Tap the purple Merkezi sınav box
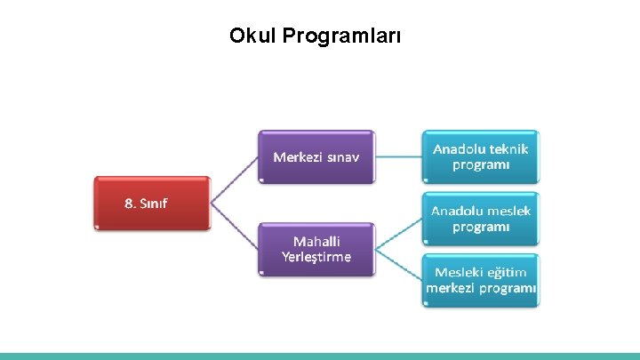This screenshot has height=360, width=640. pyautogui.click(x=316, y=157)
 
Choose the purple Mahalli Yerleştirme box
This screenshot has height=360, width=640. pyautogui.click(x=316, y=249)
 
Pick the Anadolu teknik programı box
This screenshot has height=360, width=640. pyautogui.click(x=481, y=157)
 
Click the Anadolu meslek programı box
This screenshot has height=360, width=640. pyautogui.click(x=481, y=219)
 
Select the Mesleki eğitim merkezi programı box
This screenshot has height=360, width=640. pyautogui.click(x=481, y=280)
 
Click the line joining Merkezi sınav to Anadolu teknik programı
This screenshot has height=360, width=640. pyautogui.click(x=398, y=157)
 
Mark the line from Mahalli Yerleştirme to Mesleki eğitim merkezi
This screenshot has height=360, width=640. pyautogui.click(x=398, y=264)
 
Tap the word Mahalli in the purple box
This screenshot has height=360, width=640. pyautogui.click(x=316, y=241)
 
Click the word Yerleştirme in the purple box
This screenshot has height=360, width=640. pyautogui.click(x=316, y=257)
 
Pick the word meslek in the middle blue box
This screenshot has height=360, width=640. pyautogui.click(x=510, y=211)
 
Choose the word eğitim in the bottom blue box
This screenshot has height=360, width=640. pyautogui.click(x=507, y=272)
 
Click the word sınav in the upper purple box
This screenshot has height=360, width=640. pyautogui.click(x=341, y=157)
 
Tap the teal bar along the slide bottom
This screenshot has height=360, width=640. pyautogui.click(x=320, y=356)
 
